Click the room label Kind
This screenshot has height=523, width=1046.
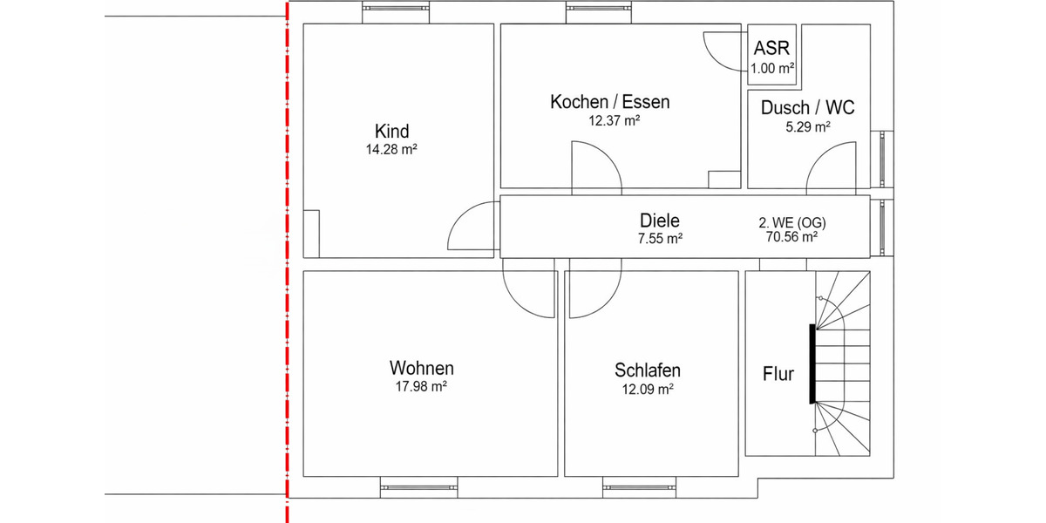(391, 132)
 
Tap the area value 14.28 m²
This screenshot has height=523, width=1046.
(391, 150)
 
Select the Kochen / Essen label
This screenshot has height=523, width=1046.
(609, 102)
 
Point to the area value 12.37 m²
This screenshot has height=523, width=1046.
(614, 121)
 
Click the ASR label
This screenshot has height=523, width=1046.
(771, 48)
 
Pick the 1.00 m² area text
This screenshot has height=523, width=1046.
(771, 67)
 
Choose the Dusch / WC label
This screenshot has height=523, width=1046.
(807, 108)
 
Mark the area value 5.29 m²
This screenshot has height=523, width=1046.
(807, 126)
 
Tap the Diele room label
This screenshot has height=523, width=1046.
(659, 221)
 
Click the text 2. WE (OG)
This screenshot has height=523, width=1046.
(791, 222)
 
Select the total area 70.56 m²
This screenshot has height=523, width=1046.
(791, 236)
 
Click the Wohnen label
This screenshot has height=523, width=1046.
(421, 368)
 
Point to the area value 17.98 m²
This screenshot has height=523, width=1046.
(421, 386)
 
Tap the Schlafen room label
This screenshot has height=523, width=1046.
(647, 370)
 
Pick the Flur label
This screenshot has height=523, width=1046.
(778, 374)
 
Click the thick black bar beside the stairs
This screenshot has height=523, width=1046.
(812, 363)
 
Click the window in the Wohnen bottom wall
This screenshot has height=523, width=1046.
(418, 486)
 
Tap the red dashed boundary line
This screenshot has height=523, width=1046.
(287, 261)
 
